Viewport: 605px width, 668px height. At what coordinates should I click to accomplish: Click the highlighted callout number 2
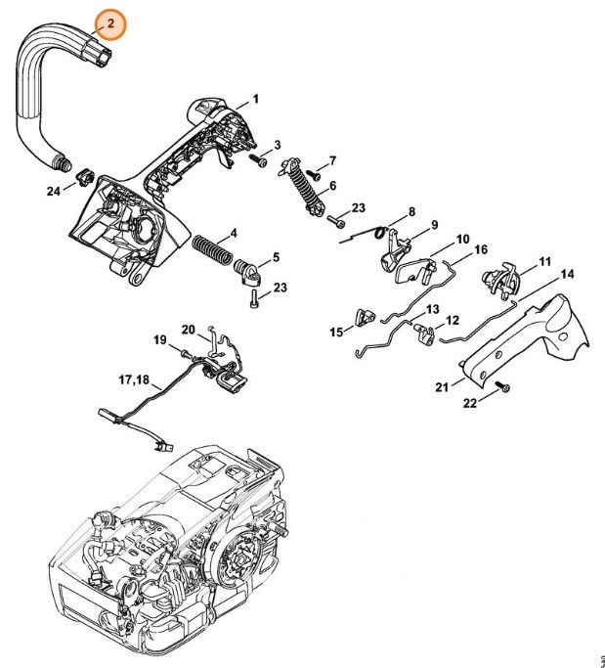coord(110,22)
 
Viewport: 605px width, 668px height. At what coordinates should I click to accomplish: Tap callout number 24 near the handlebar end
coord(53,193)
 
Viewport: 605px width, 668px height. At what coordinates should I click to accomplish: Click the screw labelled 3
coord(258,161)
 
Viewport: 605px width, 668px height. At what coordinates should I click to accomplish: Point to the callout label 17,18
coord(134,379)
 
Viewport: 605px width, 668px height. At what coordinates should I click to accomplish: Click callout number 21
coord(443,387)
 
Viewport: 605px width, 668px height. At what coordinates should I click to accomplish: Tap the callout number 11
coord(544,261)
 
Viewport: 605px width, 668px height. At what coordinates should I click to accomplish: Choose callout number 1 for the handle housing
coord(255,99)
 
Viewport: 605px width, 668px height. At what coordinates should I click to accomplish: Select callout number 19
coord(160,339)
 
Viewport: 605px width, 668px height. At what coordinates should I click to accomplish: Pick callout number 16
coord(480,249)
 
